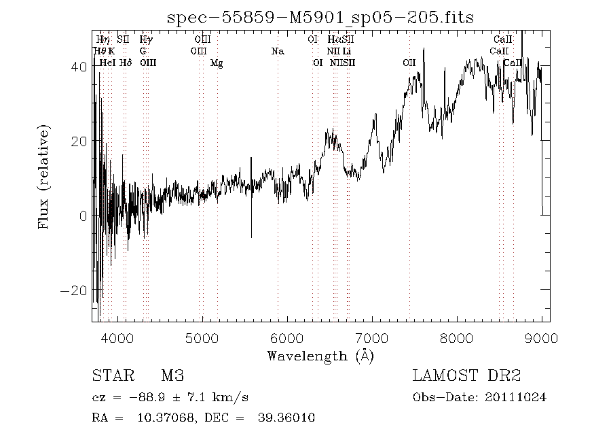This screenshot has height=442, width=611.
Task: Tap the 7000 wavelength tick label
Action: (372, 337)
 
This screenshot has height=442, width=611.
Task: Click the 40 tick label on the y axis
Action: (78, 67)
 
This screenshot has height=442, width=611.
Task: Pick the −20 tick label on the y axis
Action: (74, 290)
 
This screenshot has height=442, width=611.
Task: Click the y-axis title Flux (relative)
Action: (45, 176)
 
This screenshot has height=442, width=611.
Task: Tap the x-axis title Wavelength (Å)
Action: (320, 355)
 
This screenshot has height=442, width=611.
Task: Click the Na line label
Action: (277, 52)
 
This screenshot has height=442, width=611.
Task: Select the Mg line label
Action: (217, 63)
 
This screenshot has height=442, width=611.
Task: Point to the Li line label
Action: (347, 52)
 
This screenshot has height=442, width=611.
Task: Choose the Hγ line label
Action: (146, 40)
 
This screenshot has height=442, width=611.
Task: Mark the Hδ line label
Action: (125, 63)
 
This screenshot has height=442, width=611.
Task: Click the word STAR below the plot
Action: (109, 376)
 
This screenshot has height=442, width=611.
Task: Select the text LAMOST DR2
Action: (466, 376)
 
